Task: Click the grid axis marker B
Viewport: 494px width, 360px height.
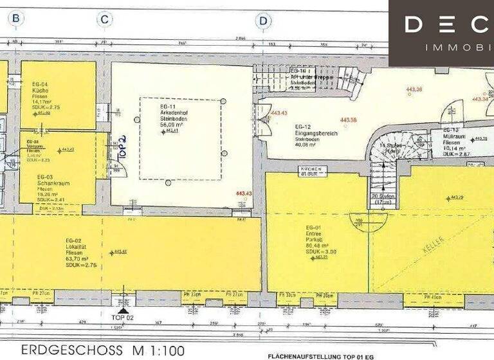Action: [15, 19]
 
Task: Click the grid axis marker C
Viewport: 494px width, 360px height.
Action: [104, 19]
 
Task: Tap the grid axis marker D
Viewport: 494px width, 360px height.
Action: [262, 21]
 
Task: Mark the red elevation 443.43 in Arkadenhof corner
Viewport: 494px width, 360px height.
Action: [244, 194]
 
